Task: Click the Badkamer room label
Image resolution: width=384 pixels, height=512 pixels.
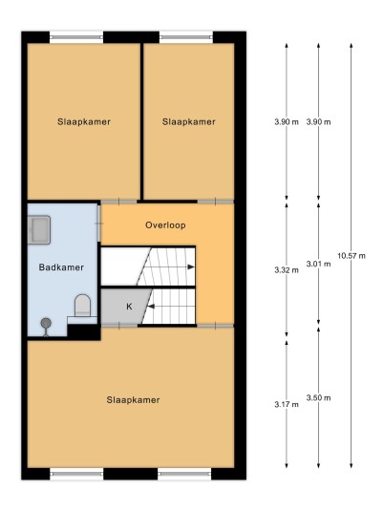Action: [x=61, y=267]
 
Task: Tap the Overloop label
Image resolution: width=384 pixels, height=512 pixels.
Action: [x=165, y=225]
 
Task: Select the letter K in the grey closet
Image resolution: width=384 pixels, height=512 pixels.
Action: [x=129, y=307]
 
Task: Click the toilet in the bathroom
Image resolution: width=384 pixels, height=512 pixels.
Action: [x=82, y=306]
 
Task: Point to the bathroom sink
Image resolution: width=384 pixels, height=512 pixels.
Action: [x=38, y=229]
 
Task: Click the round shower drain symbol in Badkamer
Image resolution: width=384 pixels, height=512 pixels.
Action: [x=46, y=323]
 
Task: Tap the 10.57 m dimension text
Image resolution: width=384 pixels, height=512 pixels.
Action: [x=352, y=256]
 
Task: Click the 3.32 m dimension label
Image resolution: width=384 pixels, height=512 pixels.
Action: [x=287, y=270]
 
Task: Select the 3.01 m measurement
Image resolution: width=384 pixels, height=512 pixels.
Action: [x=318, y=264]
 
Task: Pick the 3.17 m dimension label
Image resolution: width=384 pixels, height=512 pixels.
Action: [x=287, y=405]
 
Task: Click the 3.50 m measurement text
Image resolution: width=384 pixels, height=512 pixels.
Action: [x=318, y=397]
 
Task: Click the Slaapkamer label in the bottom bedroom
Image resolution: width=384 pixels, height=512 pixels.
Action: [x=133, y=400]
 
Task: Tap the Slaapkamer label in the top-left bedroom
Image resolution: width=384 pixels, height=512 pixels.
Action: [x=84, y=122]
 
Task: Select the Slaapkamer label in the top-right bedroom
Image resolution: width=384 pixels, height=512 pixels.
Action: [x=189, y=122]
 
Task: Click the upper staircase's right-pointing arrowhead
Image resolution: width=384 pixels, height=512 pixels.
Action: [x=191, y=267]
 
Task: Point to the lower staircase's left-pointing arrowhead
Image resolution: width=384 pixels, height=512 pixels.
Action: [x=151, y=306]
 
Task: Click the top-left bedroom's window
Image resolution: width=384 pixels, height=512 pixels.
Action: [x=76, y=37]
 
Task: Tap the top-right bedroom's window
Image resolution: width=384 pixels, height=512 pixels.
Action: [x=186, y=37]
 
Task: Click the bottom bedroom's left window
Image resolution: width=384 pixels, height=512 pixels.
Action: [x=76, y=474]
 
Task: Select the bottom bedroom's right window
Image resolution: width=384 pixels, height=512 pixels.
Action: [x=184, y=474]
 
